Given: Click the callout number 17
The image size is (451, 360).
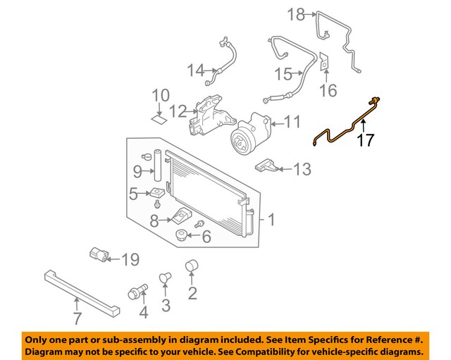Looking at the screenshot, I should pos(364,140).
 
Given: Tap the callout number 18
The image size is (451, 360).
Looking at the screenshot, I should pos(297,13).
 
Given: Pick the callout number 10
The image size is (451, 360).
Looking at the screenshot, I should pos(161,95).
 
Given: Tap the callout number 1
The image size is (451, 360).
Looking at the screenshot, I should pos(271,221).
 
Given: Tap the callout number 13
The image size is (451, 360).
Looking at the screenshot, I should pos(302,168).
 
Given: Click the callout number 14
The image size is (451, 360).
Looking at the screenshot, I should pos(195,70).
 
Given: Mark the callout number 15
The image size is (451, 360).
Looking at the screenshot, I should pos(283,74).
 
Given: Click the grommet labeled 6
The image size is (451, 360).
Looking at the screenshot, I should pos(181,235).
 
